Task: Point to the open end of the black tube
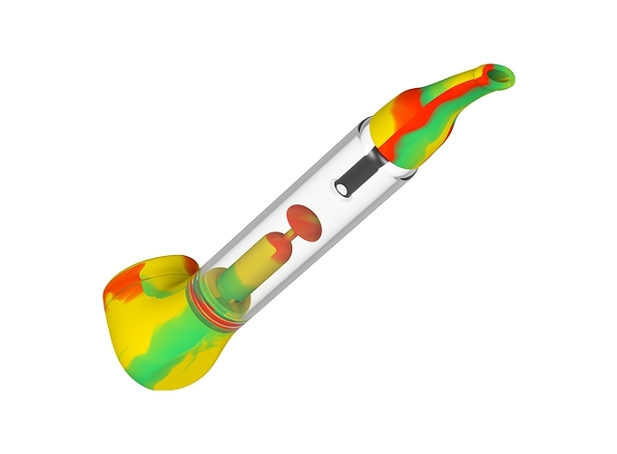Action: tap(344, 187)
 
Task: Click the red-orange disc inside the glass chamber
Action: tap(302, 224)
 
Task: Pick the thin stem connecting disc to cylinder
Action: tap(284, 236)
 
